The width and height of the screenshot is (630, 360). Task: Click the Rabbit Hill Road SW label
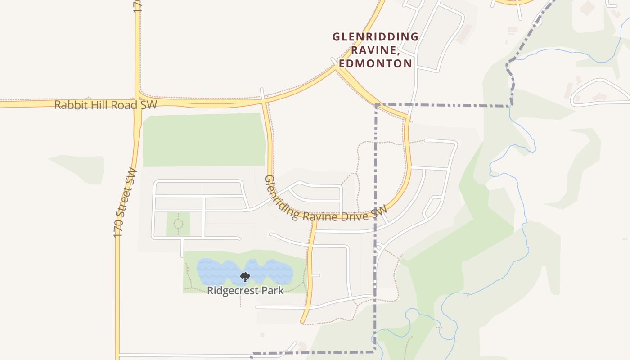coord(106,105)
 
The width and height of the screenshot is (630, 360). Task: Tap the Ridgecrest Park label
coord(245,291)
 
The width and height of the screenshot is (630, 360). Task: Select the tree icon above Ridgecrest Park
coord(245,277)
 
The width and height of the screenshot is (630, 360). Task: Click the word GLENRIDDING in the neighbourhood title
coord(375,37)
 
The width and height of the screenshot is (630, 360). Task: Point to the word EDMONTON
coord(375,63)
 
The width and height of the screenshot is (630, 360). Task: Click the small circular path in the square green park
coord(178,223)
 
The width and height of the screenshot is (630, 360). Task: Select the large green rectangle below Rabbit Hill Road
coord(203,140)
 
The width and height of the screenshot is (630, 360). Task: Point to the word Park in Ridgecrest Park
coord(272,291)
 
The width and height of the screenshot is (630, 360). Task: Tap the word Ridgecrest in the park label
coord(232,291)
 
